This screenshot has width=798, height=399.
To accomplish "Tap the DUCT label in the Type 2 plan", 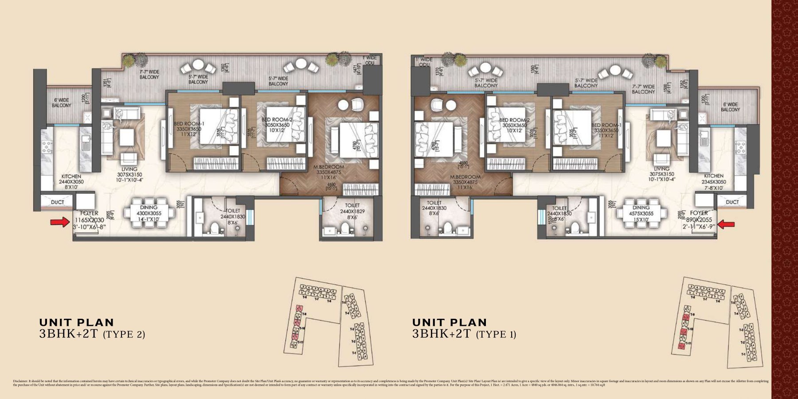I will [x=57, y=202].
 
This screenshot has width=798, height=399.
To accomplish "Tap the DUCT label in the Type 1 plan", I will [x=732, y=202].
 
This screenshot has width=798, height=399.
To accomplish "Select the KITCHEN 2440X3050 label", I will [x=71, y=182].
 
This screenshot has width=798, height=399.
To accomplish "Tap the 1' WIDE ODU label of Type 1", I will [x=423, y=62].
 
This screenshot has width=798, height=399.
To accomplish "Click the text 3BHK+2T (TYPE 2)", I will [x=92, y=335].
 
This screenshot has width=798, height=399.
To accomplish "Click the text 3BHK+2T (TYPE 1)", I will [x=464, y=335].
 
